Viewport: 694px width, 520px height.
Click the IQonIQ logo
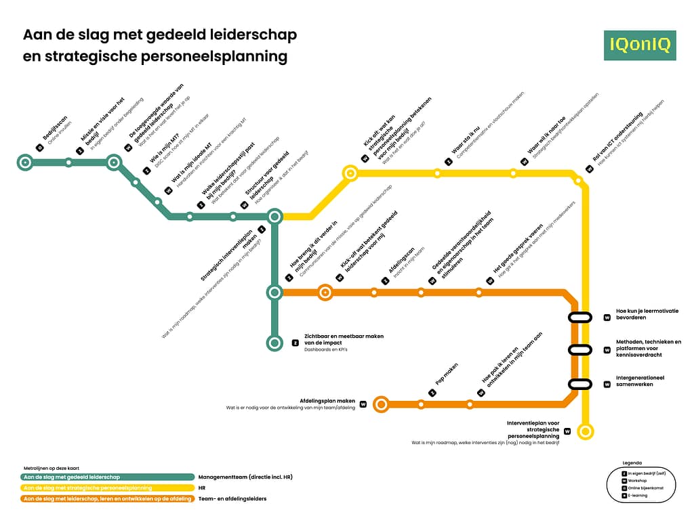640,45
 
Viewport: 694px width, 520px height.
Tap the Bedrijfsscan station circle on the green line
25,162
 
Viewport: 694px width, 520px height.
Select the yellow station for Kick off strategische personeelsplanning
350,173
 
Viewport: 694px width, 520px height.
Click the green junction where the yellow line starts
274,217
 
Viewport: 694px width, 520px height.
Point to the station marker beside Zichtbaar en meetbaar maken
274,343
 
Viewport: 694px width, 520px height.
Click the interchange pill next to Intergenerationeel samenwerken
580,385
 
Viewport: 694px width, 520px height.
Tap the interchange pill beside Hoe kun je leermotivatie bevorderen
580,317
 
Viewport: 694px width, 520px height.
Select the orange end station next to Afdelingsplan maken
381,405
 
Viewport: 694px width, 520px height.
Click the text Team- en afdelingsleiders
232,499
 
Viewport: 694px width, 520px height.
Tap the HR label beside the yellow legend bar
202,487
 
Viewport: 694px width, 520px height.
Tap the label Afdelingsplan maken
327,401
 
